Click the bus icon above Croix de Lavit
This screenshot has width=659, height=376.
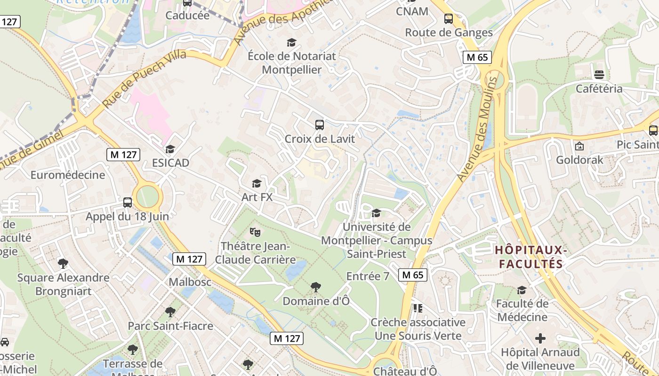pos(320,125)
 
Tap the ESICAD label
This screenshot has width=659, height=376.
pos(170,163)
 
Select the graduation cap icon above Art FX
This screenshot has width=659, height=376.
pos(257,183)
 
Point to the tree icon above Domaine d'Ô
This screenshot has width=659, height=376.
pos(316,287)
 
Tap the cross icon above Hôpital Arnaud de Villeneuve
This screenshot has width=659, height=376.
pos(540,338)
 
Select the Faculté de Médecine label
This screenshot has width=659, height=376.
pos(522,310)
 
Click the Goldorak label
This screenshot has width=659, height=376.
pos(579,160)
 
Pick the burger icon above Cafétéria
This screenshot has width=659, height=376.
pos(599,75)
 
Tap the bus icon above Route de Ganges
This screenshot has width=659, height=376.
pos(449,19)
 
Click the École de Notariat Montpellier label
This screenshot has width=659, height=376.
pos(292,63)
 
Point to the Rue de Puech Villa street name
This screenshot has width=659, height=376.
pos(145,78)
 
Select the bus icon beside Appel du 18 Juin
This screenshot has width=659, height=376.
pos(128,203)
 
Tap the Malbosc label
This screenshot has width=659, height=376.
pos(190,282)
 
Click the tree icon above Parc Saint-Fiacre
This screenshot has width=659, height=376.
pos(170,312)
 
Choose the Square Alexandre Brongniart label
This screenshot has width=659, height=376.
pos(63,284)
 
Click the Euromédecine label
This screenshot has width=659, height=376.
pos(68,175)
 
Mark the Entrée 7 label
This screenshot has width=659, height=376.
pos(368,276)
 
